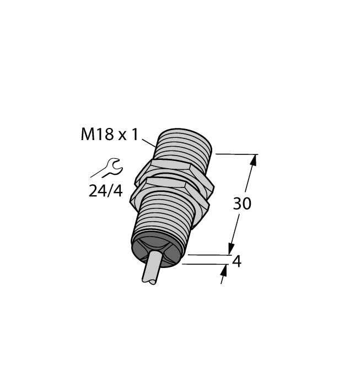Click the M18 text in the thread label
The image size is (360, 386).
pyautogui.click(x=94, y=135)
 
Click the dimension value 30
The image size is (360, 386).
pyautogui.click(x=241, y=204)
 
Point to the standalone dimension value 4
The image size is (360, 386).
pyautogui.click(x=237, y=261)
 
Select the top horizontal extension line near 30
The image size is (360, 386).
pyautogui.click(x=237, y=154)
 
